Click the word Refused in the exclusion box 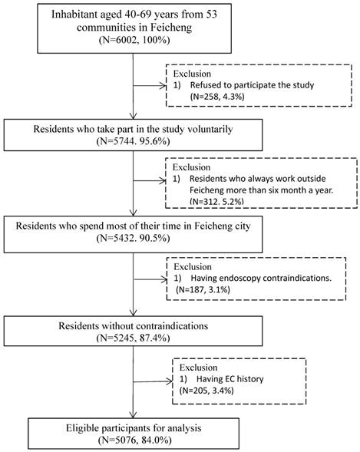point(203,85)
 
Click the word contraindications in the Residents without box point(172,325)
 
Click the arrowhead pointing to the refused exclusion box point(164,86)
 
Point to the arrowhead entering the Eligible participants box point(133,414)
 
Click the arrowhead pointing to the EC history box point(170,381)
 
